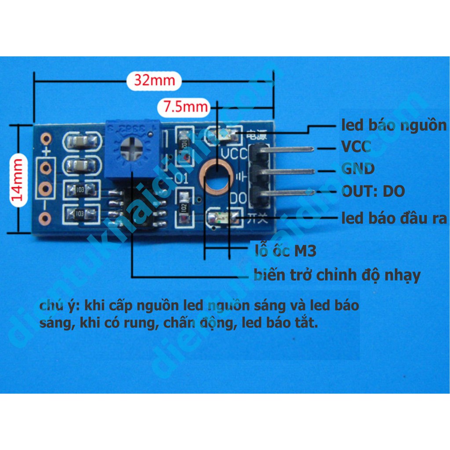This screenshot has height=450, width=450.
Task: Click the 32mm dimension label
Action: pyautogui.click(x=154, y=81)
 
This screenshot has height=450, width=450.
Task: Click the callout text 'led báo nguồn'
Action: pyautogui.click(x=394, y=125)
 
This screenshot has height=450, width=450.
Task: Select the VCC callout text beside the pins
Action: pyautogui.click(x=356, y=146)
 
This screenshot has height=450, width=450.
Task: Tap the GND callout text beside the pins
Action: pyautogui.click(x=358, y=169)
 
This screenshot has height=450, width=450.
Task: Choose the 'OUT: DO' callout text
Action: pyautogui.click(x=373, y=191)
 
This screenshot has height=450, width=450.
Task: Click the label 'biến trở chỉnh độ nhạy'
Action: pyautogui.click(x=337, y=276)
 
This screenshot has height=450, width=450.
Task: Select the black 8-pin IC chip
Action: pyautogui.click(x=137, y=207)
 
